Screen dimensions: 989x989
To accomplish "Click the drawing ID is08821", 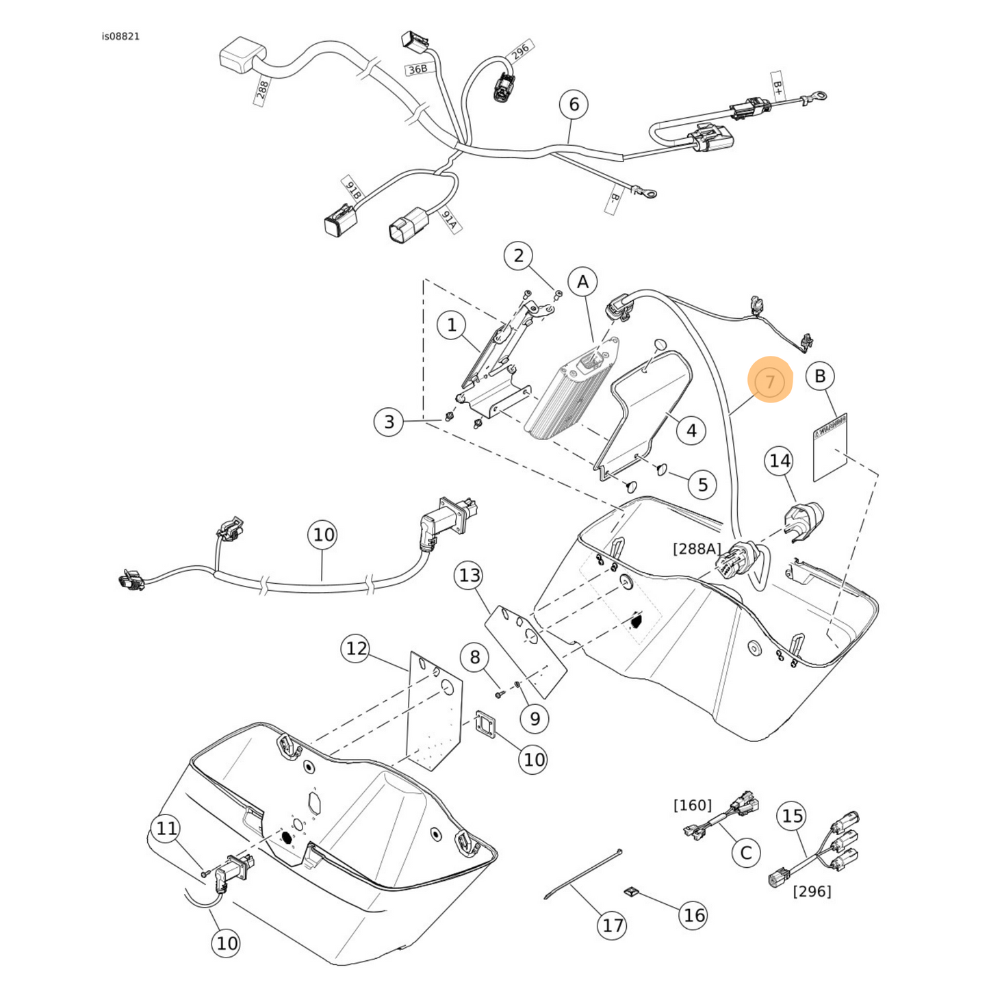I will [120, 36].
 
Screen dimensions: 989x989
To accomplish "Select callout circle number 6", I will [574, 104].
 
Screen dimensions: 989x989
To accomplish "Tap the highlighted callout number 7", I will [770, 381].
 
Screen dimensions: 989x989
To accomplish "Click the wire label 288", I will [261, 90].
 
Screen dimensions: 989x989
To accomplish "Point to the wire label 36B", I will [417, 69].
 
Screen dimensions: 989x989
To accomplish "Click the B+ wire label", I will [778, 88].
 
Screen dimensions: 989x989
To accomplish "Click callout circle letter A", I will [582, 282].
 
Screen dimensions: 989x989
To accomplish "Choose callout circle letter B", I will [820, 376].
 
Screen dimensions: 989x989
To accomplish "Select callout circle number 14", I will [780, 461].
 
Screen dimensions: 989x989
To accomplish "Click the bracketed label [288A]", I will [697, 548].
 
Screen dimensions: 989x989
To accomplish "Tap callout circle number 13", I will [470, 575].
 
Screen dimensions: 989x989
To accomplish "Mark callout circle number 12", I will [356, 648].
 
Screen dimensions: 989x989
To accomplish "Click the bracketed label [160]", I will [692, 805].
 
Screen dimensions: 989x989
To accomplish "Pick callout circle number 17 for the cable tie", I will [613, 925].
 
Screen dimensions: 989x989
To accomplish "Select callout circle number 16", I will [693, 915].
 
